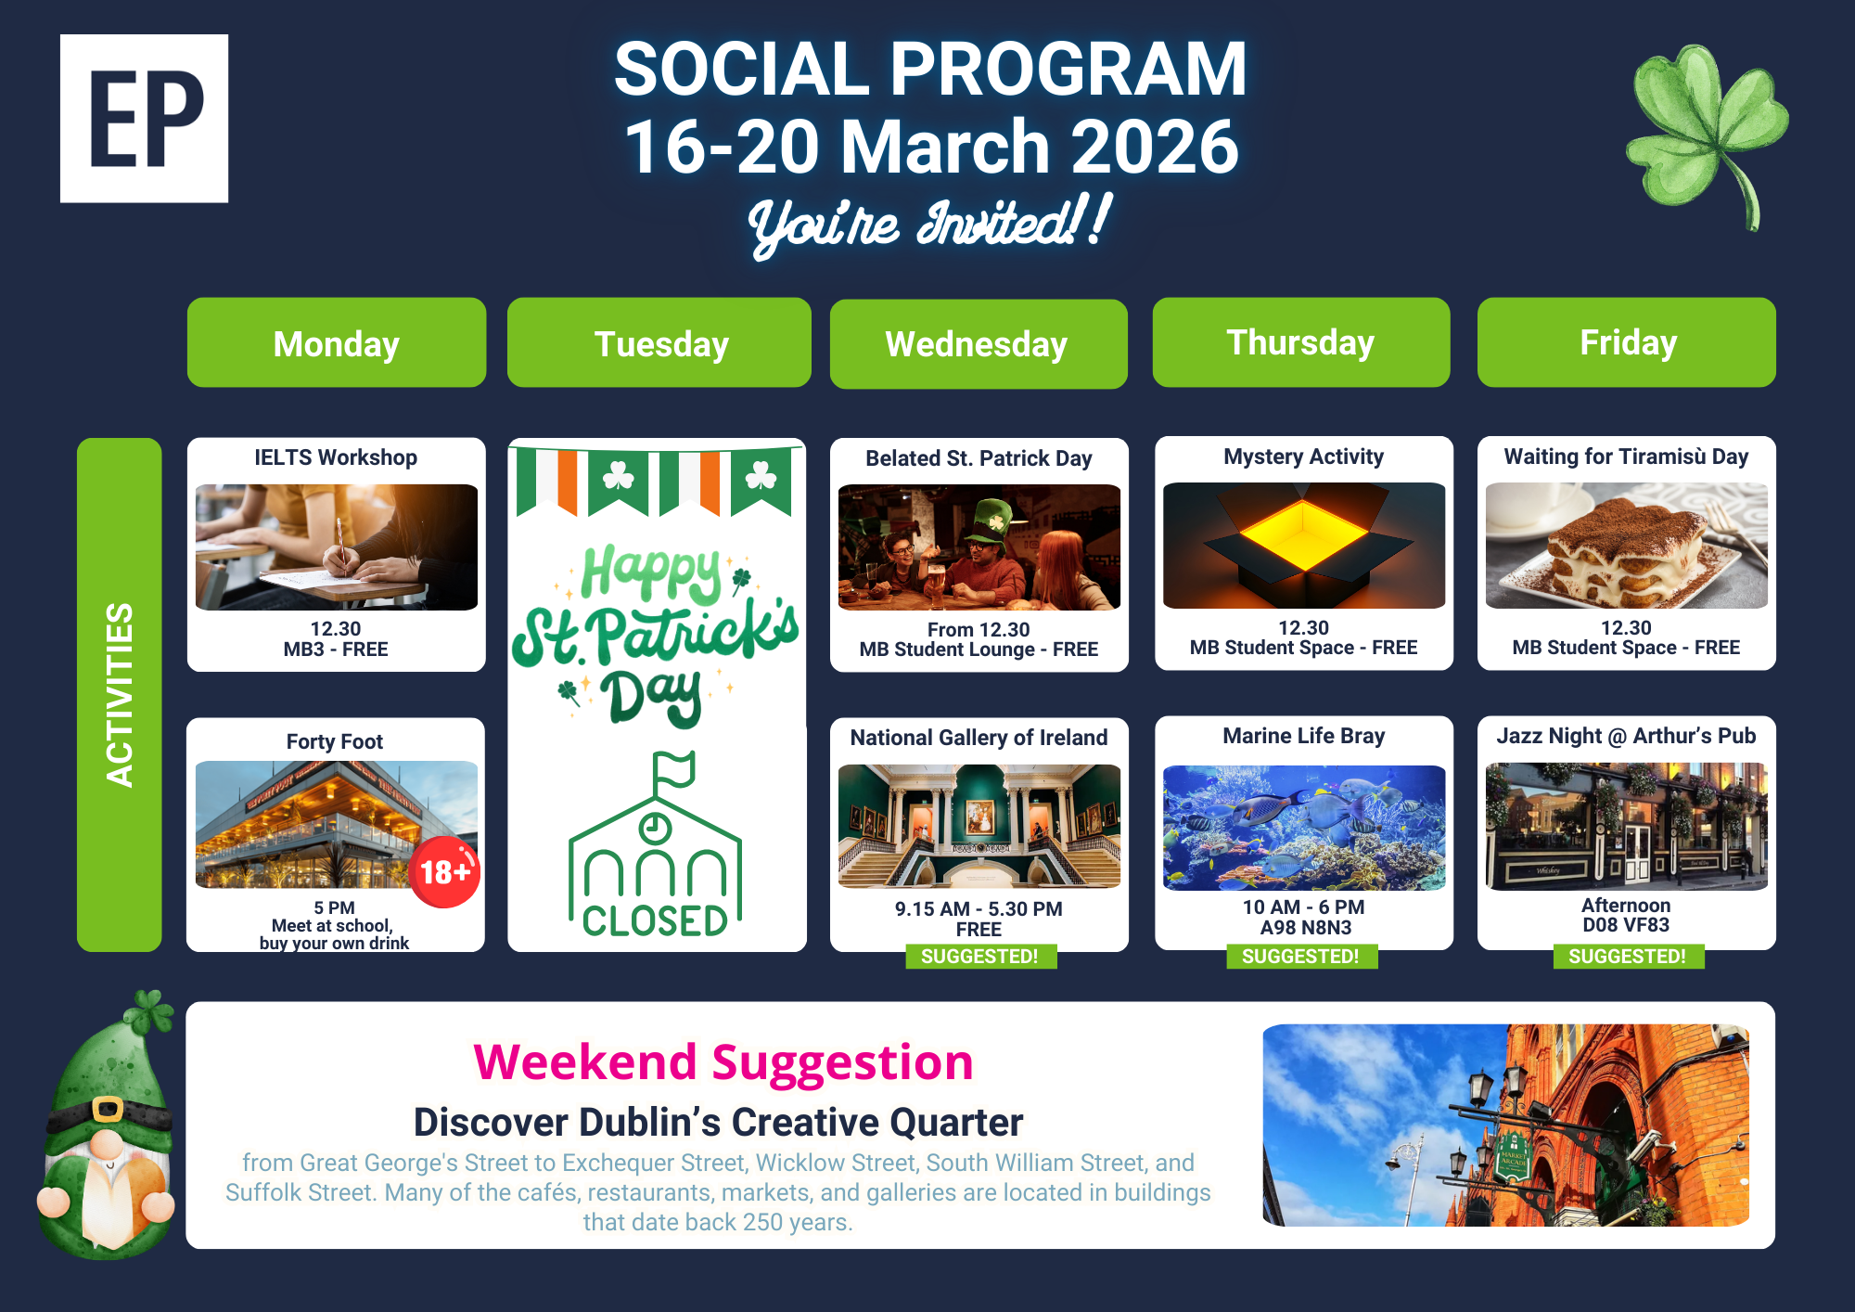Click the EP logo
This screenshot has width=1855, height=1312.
(x=144, y=119)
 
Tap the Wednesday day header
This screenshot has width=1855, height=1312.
(x=979, y=343)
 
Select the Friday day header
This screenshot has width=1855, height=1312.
(x=1627, y=342)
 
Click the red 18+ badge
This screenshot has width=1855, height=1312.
(x=445, y=871)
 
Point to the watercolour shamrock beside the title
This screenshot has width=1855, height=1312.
(x=1707, y=135)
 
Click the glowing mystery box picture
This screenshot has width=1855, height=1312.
(x=1304, y=546)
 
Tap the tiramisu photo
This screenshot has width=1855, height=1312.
(x=1627, y=546)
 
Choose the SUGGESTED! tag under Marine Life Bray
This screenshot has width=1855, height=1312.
(x=1301, y=957)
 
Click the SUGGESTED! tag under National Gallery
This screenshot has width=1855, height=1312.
(x=980, y=957)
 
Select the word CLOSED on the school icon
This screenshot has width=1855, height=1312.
(x=655, y=920)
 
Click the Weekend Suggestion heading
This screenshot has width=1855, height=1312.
(x=723, y=1061)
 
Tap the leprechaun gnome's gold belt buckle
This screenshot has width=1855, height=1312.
(x=108, y=1109)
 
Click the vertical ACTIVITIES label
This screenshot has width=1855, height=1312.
(x=120, y=695)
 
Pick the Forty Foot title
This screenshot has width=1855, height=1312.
(x=335, y=741)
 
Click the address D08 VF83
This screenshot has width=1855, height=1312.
(x=1626, y=925)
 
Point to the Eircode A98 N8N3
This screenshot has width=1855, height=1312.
(x=1305, y=927)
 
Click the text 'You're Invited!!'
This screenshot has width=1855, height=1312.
(x=929, y=225)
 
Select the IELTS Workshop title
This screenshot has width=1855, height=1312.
(x=336, y=457)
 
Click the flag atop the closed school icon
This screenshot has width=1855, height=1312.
(x=674, y=769)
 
